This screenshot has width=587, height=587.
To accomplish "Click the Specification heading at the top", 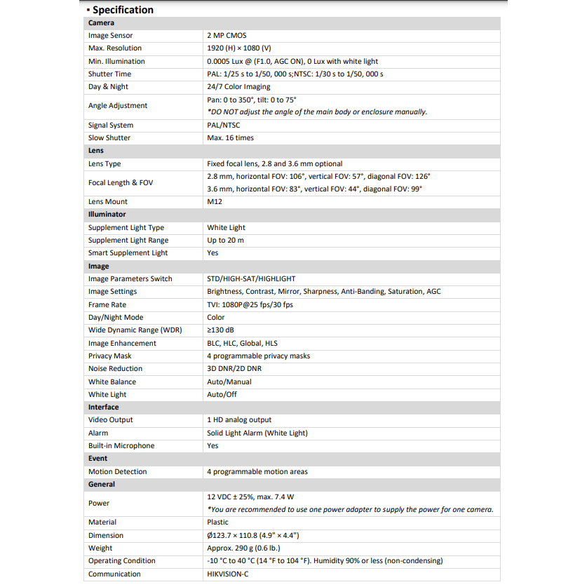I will [x=122, y=10].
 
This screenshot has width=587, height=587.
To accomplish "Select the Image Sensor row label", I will [x=110, y=36].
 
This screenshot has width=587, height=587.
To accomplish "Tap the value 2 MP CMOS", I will [x=227, y=36].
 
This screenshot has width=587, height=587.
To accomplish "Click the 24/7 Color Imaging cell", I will [x=238, y=87].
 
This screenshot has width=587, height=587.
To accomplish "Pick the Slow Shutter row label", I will [x=109, y=138].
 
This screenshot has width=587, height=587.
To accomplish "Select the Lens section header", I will [x=96, y=151].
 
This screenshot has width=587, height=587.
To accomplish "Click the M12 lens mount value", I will [x=214, y=202].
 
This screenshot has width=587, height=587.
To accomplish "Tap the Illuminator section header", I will [x=107, y=215].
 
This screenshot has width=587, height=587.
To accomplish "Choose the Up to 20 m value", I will [x=225, y=241].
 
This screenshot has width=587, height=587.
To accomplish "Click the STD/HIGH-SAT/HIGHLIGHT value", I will [x=251, y=279].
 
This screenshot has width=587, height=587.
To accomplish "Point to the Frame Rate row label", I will [x=108, y=305].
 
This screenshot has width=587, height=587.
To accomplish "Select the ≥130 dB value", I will [x=221, y=330].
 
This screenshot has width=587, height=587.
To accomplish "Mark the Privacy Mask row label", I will [x=109, y=356].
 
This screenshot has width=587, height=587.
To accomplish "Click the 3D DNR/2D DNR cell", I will [x=234, y=369].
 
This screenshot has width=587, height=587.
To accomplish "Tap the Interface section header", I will [x=104, y=407].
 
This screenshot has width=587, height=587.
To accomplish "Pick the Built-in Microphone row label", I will [x=121, y=446].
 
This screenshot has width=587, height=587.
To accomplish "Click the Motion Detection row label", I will [x=118, y=472].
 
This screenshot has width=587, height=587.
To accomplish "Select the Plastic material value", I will [x=217, y=522].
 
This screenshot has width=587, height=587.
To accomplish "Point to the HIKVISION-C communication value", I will [x=227, y=574].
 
